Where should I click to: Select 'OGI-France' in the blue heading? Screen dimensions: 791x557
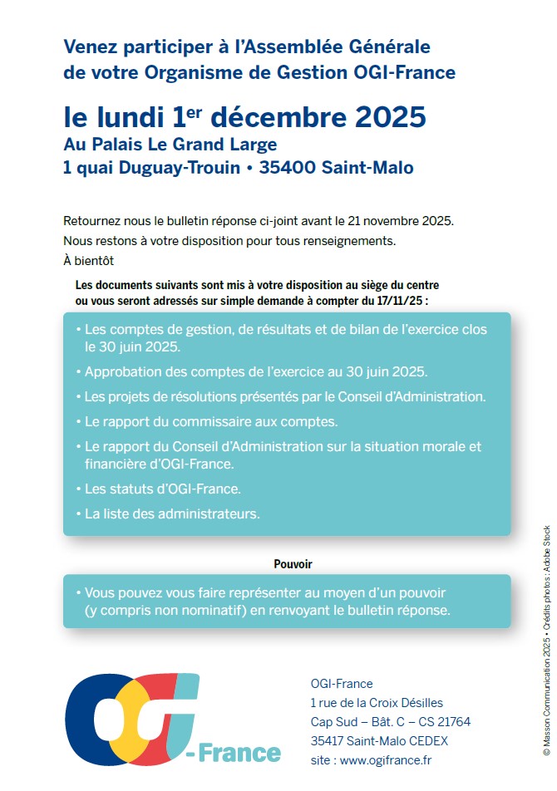click(x=412, y=73)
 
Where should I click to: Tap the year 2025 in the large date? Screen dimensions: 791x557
click(x=390, y=117)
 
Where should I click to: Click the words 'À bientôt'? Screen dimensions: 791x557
click(x=88, y=260)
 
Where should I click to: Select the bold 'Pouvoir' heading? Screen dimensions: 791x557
click(x=293, y=564)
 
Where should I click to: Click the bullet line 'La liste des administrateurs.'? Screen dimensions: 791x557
click(x=172, y=514)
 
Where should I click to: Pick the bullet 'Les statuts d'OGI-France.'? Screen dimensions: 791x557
click(x=163, y=489)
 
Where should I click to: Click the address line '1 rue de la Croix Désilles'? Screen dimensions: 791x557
click(x=377, y=703)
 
